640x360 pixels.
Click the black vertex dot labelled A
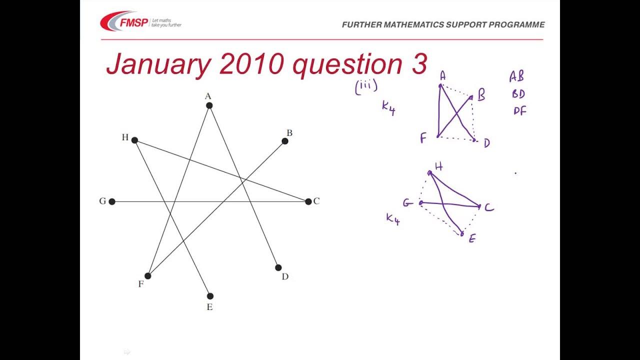209,105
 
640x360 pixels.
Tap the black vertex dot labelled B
285,141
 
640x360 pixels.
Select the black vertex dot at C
308,201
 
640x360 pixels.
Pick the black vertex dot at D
278,267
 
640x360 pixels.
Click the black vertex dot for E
210,296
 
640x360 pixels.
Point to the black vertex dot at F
148,275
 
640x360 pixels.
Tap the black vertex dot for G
112,201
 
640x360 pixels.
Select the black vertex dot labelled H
134,140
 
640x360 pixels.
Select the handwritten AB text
516,76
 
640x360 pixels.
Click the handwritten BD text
518,94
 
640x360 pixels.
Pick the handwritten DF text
520,111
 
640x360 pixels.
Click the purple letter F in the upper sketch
423,138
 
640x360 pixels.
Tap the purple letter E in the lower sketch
471,239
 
